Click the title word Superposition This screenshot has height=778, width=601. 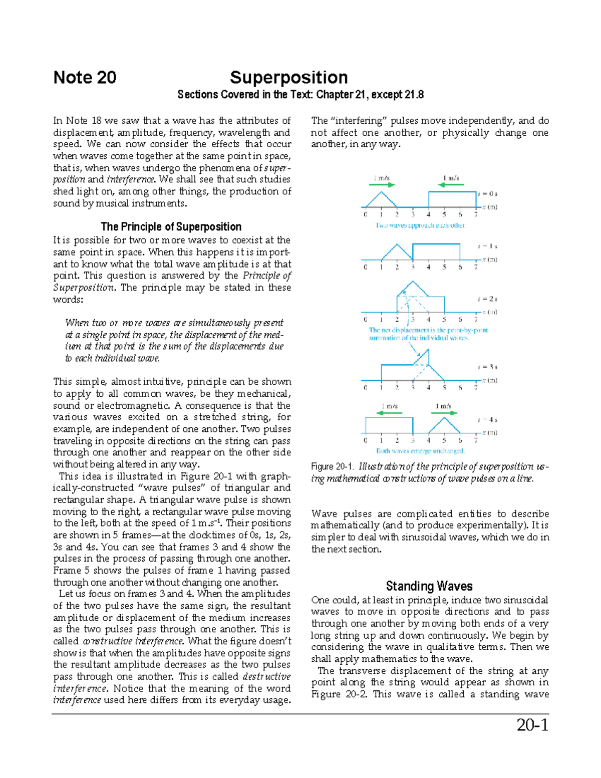(x=288, y=78)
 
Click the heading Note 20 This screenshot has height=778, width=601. (x=85, y=78)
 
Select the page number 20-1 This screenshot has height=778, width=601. (x=532, y=725)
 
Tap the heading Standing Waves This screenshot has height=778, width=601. (x=429, y=586)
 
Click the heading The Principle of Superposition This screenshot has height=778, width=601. (x=171, y=226)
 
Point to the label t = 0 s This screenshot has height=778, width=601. (x=487, y=193)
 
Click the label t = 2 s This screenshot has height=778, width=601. (x=487, y=299)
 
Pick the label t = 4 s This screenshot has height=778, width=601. (x=487, y=420)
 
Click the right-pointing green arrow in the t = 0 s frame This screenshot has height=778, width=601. (x=382, y=185)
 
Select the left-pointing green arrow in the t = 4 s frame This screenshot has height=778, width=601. (x=389, y=413)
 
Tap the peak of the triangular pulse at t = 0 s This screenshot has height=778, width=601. (x=382, y=192)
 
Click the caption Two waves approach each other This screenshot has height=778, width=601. (x=421, y=225)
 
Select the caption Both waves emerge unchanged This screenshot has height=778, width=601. (x=421, y=451)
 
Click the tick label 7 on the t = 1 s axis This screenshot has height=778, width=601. (x=476, y=267)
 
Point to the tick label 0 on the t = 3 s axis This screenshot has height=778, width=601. (x=366, y=387)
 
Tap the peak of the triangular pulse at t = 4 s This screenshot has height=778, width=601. (x=444, y=418)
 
